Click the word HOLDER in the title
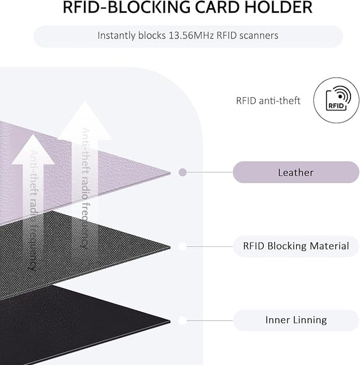[279, 7]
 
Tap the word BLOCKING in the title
[150, 7]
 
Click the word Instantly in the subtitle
[117, 36]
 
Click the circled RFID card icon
[336, 100]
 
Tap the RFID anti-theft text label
[268, 101]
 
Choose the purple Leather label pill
[296, 172]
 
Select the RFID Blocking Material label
[296, 246]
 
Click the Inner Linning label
[296, 320]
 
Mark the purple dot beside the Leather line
[183, 172]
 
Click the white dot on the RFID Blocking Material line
[183, 246]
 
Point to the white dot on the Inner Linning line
[183, 320]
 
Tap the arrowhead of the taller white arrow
[85, 121]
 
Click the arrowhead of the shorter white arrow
[33, 150]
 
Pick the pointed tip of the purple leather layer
[170, 172]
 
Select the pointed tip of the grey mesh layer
[170, 247]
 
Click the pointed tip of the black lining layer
[170, 321]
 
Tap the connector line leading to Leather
[210, 172]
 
